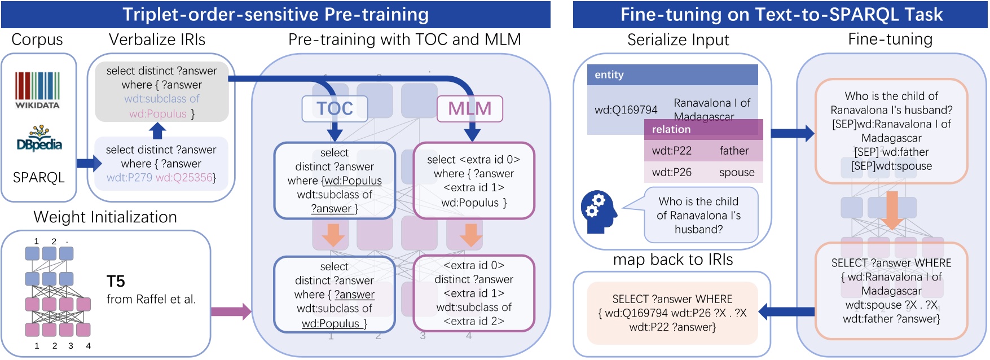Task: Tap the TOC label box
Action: click(x=335, y=108)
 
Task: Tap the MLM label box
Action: click(x=469, y=108)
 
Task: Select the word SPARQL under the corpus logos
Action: click(x=38, y=178)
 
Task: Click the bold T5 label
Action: click(x=116, y=281)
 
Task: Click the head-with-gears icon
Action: click(x=599, y=211)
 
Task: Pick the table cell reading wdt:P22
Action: click(x=671, y=151)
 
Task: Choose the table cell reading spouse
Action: click(x=736, y=173)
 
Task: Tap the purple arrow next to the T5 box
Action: click(x=230, y=311)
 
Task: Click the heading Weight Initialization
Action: click(x=105, y=217)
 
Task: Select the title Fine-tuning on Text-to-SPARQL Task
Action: click(x=781, y=14)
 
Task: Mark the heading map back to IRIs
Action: click(x=672, y=260)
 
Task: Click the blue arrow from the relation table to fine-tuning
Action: click(x=791, y=134)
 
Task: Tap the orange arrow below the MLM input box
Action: click(x=470, y=235)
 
